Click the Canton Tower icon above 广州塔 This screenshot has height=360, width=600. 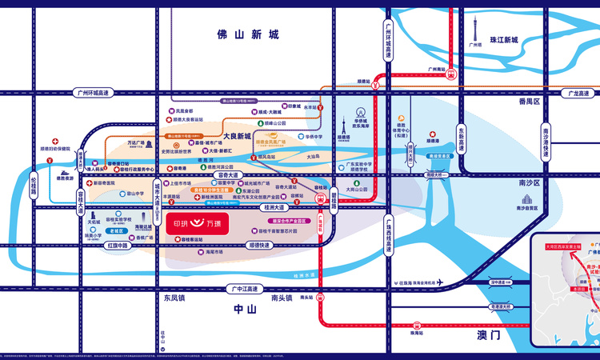(474, 28)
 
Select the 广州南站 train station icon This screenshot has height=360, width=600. (452, 74)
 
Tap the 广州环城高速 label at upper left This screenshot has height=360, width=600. (90, 93)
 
